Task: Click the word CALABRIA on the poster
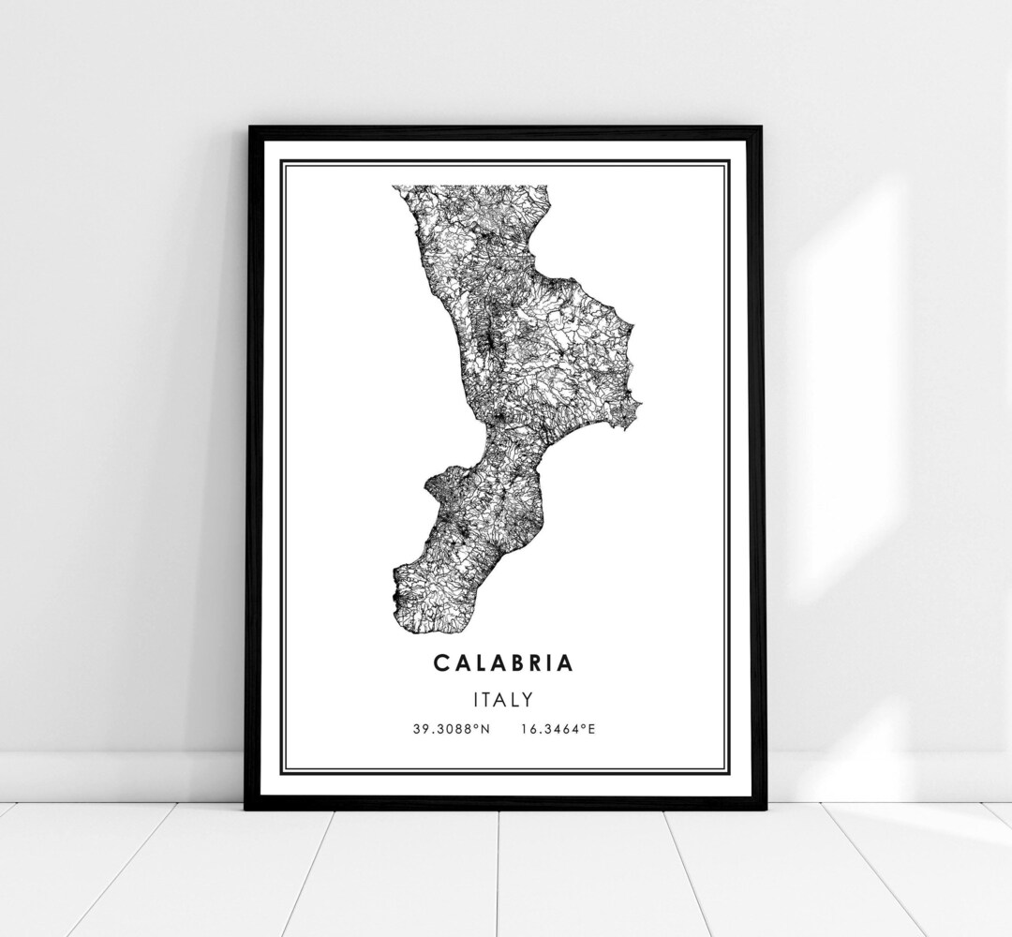(503, 662)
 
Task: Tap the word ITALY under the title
(504, 699)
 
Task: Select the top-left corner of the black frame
(249, 128)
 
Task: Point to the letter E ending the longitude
(591, 727)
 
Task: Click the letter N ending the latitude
(486, 727)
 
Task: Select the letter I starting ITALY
(477, 699)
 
